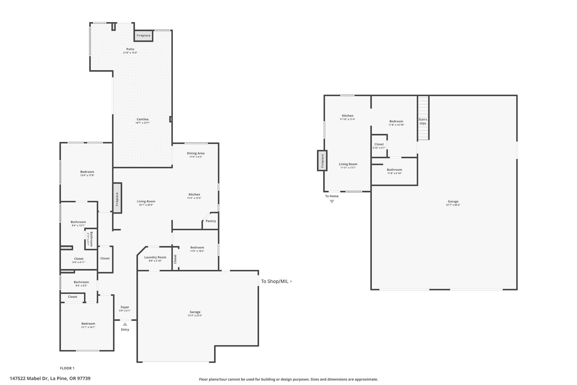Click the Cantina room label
coord(142,119)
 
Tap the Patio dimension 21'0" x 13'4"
coord(130,53)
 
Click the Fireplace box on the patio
coord(143,36)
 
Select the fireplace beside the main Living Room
coord(117,198)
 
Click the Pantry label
coord(211,221)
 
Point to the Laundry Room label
coord(155,257)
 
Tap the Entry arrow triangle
coord(125,324)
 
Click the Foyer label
coord(125,307)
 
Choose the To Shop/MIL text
coord(275,281)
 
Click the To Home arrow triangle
coord(332,201)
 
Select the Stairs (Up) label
coord(423,121)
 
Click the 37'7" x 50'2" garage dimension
coord(453,205)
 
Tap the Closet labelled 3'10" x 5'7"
coord(379,144)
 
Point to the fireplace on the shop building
coord(322,160)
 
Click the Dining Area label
coord(196,153)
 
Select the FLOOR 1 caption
coord(67,368)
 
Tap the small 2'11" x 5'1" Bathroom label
coord(90,239)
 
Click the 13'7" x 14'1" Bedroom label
coord(88,324)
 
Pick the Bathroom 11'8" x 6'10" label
coord(394,170)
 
